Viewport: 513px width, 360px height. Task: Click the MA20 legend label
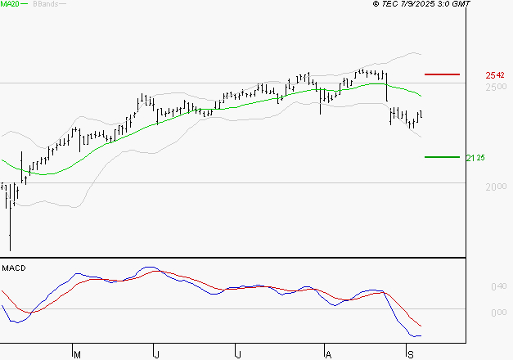(9, 5)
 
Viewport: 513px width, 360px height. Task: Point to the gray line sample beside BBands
(62, 5)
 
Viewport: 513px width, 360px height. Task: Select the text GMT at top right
(461, 5)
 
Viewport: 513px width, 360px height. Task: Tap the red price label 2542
(494, 75)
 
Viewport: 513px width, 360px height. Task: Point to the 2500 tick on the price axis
(495, 87)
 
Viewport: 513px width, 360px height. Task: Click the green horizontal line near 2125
(442, 157)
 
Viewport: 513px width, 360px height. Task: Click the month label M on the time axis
(78, 353)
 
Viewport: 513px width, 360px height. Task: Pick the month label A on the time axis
(328, 353)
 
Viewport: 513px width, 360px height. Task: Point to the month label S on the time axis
(410, 353)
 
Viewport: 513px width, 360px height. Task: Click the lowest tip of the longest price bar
(11, 250)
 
